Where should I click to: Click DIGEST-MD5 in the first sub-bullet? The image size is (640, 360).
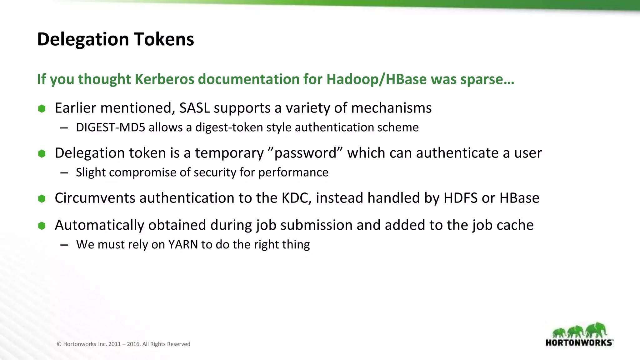coord(111,127)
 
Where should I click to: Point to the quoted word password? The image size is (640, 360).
coord(305,153)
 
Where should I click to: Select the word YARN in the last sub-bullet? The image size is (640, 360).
coord(183,244)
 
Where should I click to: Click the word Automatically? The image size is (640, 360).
coord(99,225)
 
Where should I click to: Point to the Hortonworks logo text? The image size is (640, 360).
coord(579,342)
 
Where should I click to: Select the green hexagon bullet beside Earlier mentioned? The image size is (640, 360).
coord(42,108)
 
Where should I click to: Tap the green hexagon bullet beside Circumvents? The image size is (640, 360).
coord(42,198)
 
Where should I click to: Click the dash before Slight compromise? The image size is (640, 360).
coord(64,173)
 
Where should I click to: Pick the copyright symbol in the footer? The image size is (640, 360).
coord(59,344)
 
